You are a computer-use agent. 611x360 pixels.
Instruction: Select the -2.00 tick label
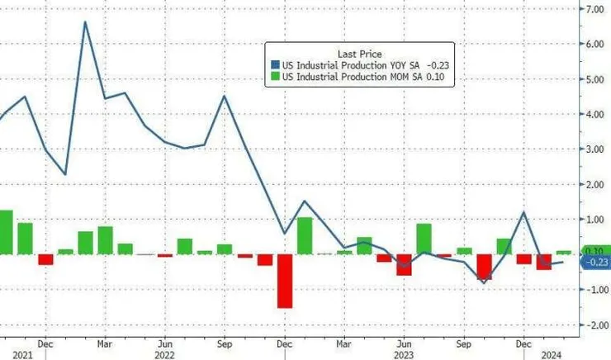(x=594, y=325)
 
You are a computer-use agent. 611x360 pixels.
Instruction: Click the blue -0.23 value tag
(x=595, y=263)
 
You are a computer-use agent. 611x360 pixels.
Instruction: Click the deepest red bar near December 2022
(x=285, y=281)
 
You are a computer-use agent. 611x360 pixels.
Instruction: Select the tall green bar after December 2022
(x=305, y=235)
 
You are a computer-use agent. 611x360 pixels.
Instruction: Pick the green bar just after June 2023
(x=424, y=239)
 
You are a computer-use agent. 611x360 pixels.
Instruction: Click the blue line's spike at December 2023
(x=524, y=212)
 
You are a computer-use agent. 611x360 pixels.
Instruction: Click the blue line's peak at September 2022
(x=225, y=96)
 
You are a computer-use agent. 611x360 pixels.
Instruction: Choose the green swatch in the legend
(x=275, y=78)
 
